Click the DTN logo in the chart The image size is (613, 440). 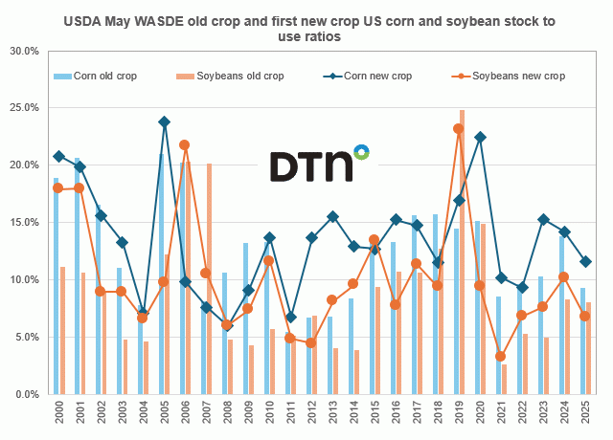point(318,164)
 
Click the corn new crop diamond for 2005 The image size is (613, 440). point(164,122)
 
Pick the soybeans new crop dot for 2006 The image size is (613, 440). point(185,145)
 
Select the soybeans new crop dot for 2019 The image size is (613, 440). point(459,129)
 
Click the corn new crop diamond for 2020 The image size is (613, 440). point(480,138)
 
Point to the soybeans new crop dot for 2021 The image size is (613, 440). point(501,357)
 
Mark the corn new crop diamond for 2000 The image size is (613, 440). point(58,156)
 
